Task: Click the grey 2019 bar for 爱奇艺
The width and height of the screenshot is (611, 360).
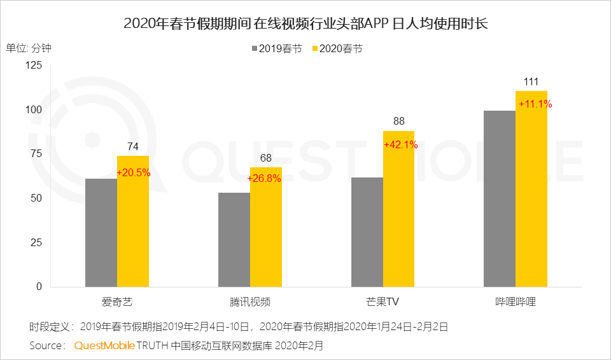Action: (x=101, y=233)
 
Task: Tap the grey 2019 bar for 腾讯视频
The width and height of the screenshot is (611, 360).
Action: (x=234, y=240)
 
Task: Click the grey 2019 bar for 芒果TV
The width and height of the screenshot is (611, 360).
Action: (x=367, y=232)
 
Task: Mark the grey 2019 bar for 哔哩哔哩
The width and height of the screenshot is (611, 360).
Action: (x=500, y=198)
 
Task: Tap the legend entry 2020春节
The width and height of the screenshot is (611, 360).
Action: (x=337, y=49)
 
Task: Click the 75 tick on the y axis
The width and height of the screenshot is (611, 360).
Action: (x=36, y=154)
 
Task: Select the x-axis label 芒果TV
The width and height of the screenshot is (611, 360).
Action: (x=383, y=301)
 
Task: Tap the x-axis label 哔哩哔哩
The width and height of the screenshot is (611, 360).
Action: (x=516, y=301)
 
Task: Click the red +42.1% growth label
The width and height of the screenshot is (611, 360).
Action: (x=400, y=145)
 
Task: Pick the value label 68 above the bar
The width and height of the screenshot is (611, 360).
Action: (x=266, y=158)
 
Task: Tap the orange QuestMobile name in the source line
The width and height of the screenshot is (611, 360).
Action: (x=104, y=346)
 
